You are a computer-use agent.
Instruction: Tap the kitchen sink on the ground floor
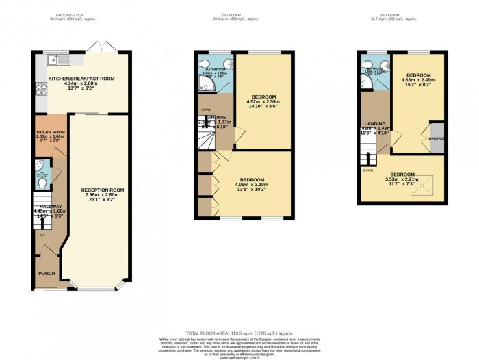coord(55,60)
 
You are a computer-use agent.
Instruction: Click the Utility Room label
coord(51,136)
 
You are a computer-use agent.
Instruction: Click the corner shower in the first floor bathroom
coord(204,85)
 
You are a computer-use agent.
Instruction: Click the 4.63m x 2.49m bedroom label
coord(419,79)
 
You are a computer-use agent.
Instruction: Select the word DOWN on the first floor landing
coord(205,110)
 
